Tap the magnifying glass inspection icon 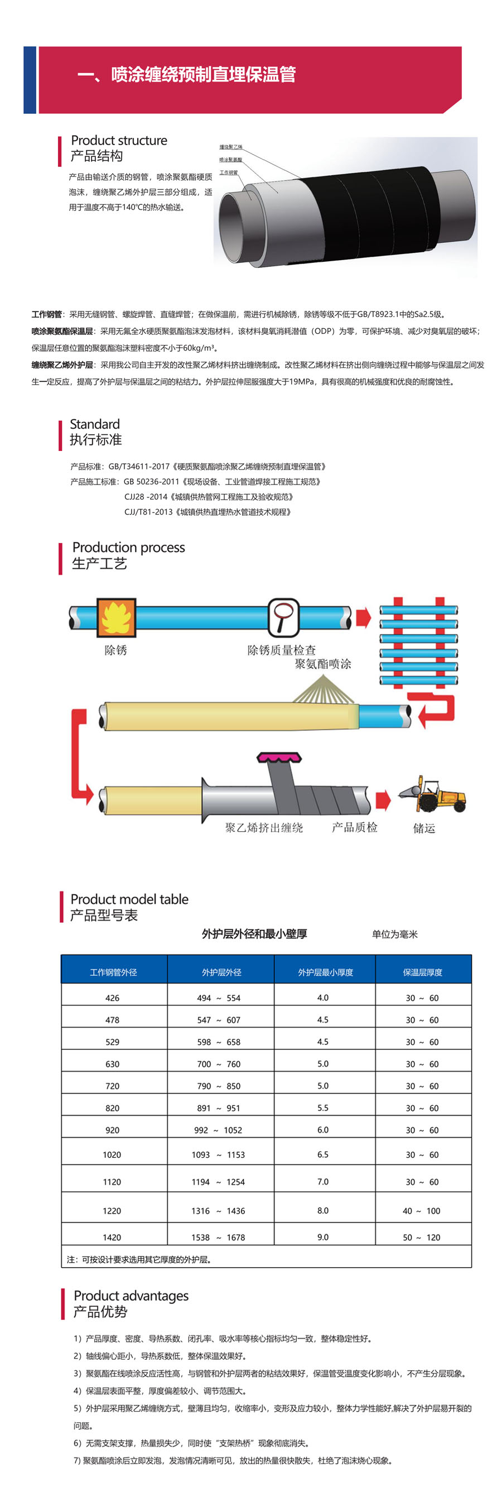click(283, 617)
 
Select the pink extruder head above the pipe click(279, 757)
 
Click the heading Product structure click(119, 141)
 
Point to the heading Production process click(128, 547)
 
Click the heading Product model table click(129, 899)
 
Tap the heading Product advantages click(131, 1296)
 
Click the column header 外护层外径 click(221, 972)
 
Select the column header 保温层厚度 click(422, 972)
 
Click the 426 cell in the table click(113, 998)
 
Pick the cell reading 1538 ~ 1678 click(218, 1238)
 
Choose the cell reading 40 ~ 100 click(421, 1211)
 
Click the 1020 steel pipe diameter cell click(112, 1154)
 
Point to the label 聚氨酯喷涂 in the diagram click(322, 664)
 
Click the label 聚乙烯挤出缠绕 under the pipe click(264, 828)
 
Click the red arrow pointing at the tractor click(383, 800)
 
